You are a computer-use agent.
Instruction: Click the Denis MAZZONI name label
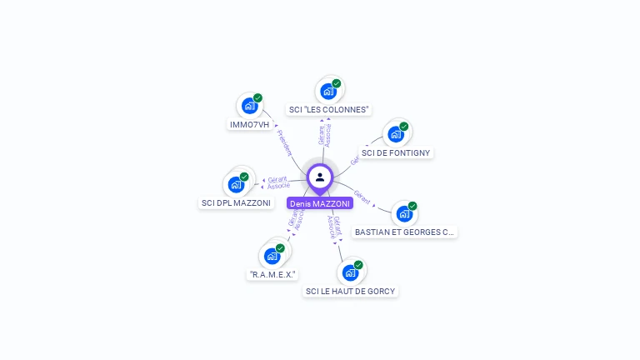[320, 203]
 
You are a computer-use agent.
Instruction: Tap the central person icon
[320, 177]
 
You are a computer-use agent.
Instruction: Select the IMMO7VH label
[249, 125]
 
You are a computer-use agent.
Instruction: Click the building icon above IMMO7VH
[248, 106]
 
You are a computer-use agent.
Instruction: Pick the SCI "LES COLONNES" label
[328, 109]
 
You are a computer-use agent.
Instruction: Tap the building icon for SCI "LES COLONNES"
[327, 91]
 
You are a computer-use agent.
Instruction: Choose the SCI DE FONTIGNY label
[397, 152]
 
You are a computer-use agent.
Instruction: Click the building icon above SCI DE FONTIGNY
[395, 134]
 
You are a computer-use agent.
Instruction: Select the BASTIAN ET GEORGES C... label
[405, 232]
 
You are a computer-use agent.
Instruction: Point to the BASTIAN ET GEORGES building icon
[403, 213]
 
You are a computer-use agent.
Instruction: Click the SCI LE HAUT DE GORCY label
[351, 291]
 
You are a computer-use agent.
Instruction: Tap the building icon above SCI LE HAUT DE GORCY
[350, 272]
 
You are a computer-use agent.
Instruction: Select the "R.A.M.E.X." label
[272, 274]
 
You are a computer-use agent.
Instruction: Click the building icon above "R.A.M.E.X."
[272, 256]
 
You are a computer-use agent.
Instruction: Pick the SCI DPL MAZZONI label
[237, 202]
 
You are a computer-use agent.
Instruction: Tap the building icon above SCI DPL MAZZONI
[236, 184]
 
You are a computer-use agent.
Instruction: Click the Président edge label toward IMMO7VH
[285, 143]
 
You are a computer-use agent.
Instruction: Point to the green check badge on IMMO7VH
[258, 97]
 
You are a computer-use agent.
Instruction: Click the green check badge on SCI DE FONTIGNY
[404, 127]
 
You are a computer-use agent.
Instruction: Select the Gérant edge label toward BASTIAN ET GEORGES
[362, 197]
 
